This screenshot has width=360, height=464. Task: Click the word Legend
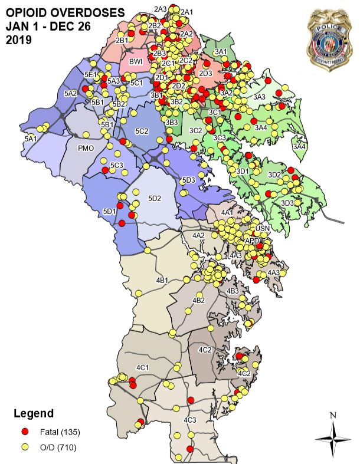point(34,413)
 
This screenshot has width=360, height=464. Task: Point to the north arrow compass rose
point(333,437)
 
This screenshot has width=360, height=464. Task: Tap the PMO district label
point(86,149)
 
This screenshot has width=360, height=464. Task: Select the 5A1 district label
point(31,137)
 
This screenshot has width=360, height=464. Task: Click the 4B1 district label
point(162,279)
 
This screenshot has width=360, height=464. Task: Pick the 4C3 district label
point(189,419)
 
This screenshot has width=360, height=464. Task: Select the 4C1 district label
point(142,368)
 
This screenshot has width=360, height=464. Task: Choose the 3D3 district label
point(287,203)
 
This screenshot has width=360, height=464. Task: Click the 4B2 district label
point(199,301)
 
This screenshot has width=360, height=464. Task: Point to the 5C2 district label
point(141,130)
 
